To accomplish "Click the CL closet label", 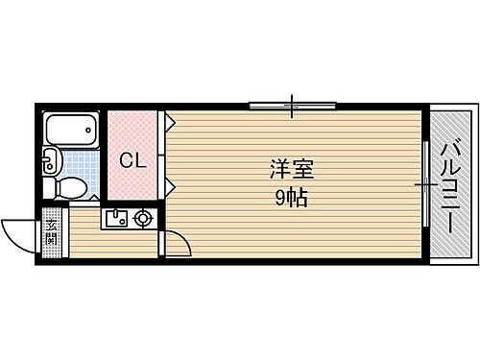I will (132, 161).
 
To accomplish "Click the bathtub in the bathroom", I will (72, 130).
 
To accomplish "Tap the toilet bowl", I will (72, 187).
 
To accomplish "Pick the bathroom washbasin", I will (51, 162).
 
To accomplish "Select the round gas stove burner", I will (143, 219).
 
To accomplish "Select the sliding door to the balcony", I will (423, 182).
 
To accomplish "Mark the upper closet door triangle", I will (167, 122).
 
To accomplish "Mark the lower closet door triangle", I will (167, 181).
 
